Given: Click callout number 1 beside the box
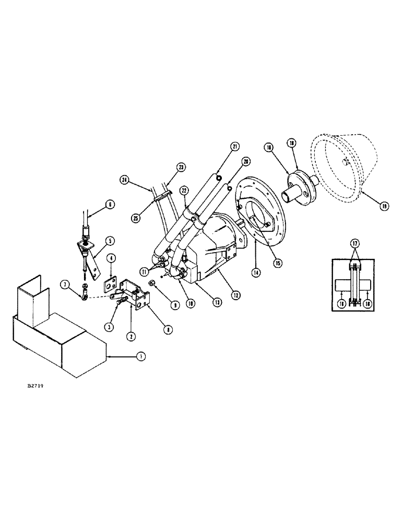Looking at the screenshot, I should [139, 357].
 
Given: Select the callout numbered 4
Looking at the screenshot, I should [112, 258].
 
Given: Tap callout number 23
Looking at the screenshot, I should [181, 167].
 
